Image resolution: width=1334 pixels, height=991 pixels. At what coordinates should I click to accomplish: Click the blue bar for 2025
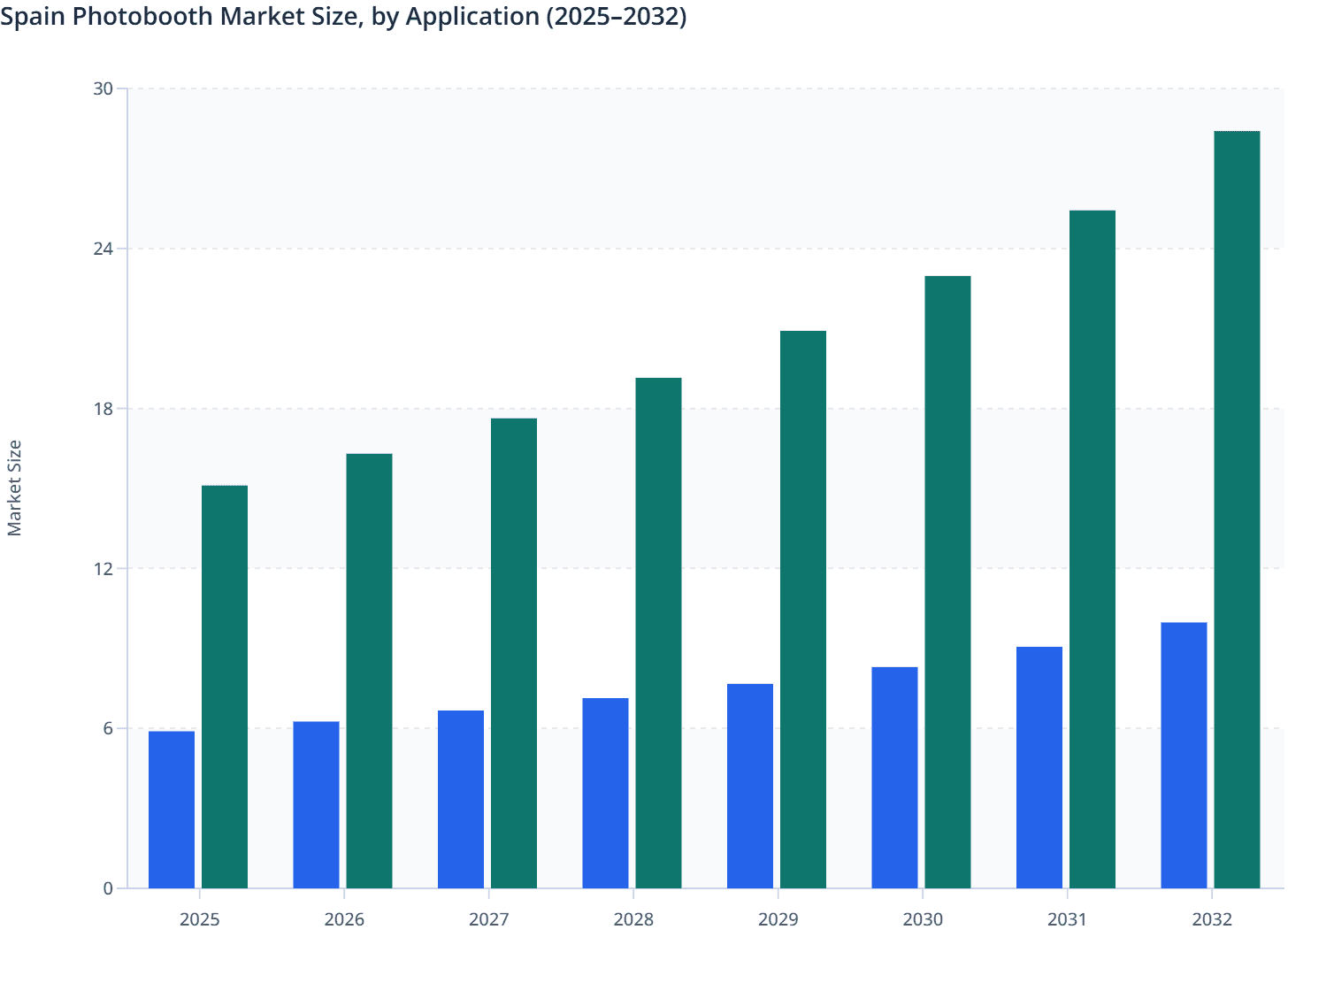[x=172, y=810]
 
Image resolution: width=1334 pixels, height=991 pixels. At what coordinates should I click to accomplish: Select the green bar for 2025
[x=225, y=687]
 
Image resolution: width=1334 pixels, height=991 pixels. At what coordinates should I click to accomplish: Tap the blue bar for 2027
[x=461, y=799]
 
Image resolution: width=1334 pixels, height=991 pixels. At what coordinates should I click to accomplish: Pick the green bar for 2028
[x=658, y=633]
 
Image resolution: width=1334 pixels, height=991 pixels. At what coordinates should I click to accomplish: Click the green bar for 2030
[x=947, y=582]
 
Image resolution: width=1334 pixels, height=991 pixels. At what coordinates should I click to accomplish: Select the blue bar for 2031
[x=1039, y=767]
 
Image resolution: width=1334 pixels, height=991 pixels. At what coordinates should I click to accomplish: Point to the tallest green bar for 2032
[x=1237, y=510]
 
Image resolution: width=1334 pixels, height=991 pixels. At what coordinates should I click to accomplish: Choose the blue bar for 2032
[x=1184, y=755]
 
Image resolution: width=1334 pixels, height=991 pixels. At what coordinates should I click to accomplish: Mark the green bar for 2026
[x=369, y=671]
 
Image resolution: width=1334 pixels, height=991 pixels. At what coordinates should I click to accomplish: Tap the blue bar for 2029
[x=750, y=786]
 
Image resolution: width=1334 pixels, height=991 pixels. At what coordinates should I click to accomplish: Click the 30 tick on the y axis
[x=103, y=88]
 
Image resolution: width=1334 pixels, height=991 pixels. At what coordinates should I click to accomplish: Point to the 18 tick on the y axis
[x=103, y=409]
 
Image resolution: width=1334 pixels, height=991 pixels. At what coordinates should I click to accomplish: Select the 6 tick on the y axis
[x=108, y=728]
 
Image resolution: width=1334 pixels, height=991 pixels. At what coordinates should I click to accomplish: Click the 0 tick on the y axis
[x=108, y=888]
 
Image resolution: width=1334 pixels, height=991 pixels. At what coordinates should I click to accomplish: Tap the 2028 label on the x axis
[x=633, y=919]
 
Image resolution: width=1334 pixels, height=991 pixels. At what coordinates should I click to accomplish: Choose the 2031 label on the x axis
[x=1067, y=919]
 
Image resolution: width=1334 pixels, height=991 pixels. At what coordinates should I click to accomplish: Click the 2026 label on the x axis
[x=344, y=919]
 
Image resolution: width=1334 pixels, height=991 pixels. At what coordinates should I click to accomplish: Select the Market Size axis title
[x=14, y=488]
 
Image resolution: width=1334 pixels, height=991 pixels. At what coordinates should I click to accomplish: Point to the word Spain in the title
[x=31, y=17]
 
